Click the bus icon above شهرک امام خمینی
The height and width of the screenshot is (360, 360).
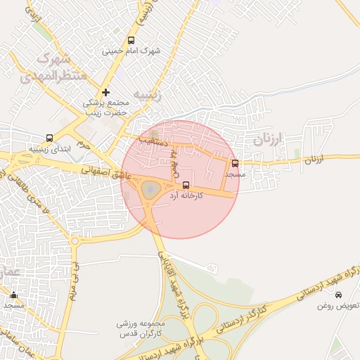point(131,41)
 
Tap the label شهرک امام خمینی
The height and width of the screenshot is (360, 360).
point(131,51)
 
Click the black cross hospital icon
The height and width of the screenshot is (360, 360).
point(105,92)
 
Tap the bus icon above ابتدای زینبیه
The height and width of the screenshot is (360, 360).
point(49,139)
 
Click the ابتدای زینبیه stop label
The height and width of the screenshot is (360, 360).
point(49,149)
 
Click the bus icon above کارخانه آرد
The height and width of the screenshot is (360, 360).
point(186,185)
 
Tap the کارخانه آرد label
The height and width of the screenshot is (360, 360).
point(186,195)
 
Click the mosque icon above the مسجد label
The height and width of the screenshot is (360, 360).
point(13,295)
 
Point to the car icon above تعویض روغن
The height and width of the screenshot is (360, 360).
point(340,295)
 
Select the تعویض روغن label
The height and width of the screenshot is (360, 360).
point(338,306)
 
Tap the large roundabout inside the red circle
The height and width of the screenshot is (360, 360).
point(150,189)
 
